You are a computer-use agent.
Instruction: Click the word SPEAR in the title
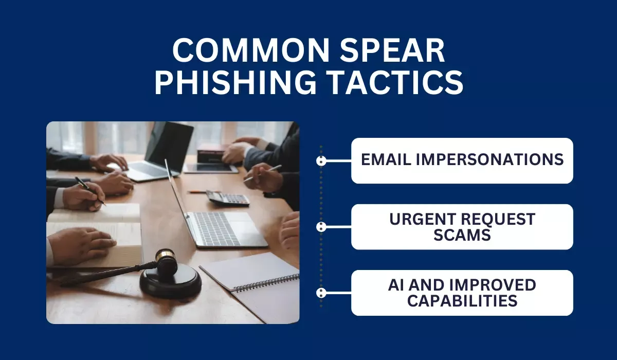coord(392,50)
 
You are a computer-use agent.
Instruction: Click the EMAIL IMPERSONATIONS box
coord(462,160)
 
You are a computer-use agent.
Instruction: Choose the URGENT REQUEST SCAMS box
coord(462,227)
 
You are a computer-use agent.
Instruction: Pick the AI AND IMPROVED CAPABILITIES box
coord(462,293)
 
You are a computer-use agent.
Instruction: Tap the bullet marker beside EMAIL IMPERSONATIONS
coord(321,161)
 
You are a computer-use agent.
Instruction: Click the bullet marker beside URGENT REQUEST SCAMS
coord(321,227)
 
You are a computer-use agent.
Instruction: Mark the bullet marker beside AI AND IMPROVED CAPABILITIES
coord(321,293)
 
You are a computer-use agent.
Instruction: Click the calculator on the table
coord(227,199)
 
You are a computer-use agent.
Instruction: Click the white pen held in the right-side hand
coord(263,173)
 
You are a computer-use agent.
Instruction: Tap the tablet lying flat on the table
coord(211,168)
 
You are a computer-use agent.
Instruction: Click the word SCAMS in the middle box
coord(462,235)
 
